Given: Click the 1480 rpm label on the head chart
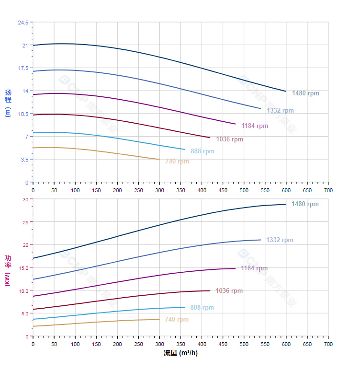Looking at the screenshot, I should [305, 93].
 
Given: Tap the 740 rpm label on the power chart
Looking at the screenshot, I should [177, 320].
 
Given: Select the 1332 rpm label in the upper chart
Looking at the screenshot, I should [280, 111].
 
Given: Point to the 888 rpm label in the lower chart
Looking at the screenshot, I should [202, 308].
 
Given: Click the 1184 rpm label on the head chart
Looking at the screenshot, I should [255, 126].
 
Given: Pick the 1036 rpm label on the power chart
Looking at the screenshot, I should [229, 291].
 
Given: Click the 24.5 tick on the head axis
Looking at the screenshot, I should [23, 23].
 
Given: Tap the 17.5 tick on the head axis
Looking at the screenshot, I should [23, 68].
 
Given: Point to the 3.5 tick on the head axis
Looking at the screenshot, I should [24, 159].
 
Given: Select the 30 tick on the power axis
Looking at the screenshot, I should [25, 199].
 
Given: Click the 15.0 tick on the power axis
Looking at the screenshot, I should [23, 267].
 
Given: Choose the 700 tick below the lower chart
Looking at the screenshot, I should [328, 344].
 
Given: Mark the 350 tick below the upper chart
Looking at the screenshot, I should [180, 190].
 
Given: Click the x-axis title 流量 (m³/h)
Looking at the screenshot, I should [180, 353].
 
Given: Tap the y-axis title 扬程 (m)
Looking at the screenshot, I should [8, 103].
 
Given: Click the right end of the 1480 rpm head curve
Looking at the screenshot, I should [286, 91].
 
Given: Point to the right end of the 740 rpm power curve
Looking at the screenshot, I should [159, 319].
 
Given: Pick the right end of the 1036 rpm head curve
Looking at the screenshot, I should [210, 138].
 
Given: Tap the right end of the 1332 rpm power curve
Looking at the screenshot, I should [260, 240].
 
